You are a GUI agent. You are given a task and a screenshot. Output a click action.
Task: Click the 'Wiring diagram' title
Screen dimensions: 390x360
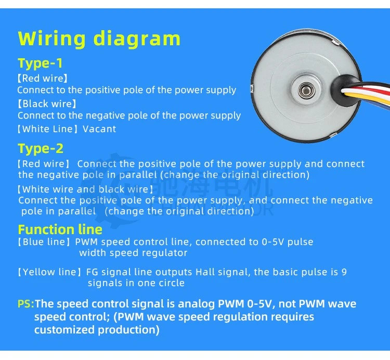pos(99,39)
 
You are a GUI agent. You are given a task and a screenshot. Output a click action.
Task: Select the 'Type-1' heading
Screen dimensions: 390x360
pos(40,63)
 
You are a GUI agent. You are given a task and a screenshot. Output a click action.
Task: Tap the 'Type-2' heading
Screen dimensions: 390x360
pos(41,149)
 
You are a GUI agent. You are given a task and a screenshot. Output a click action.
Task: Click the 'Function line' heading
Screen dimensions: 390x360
pos(60,229)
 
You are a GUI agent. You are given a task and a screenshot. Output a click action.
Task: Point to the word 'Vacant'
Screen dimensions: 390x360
pos(99,129)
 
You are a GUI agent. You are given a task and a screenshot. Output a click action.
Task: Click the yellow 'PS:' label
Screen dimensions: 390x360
pos(25,304)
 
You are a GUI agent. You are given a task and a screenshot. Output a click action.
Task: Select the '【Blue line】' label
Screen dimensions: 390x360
pos(44,242)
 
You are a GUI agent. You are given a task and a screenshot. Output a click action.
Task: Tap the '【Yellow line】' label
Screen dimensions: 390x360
pos(49,272)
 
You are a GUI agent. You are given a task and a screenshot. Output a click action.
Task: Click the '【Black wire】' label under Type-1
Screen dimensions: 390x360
pos(47,104)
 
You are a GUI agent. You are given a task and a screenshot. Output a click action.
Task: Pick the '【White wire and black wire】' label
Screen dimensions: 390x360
pos(85,189)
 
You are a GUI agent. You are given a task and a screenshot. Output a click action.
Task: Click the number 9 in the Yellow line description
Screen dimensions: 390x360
pos(344,272)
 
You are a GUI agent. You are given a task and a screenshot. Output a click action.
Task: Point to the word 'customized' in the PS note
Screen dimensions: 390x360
pos(64,330)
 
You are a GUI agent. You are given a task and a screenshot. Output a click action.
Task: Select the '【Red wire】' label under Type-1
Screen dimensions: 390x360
pos(43,79)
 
